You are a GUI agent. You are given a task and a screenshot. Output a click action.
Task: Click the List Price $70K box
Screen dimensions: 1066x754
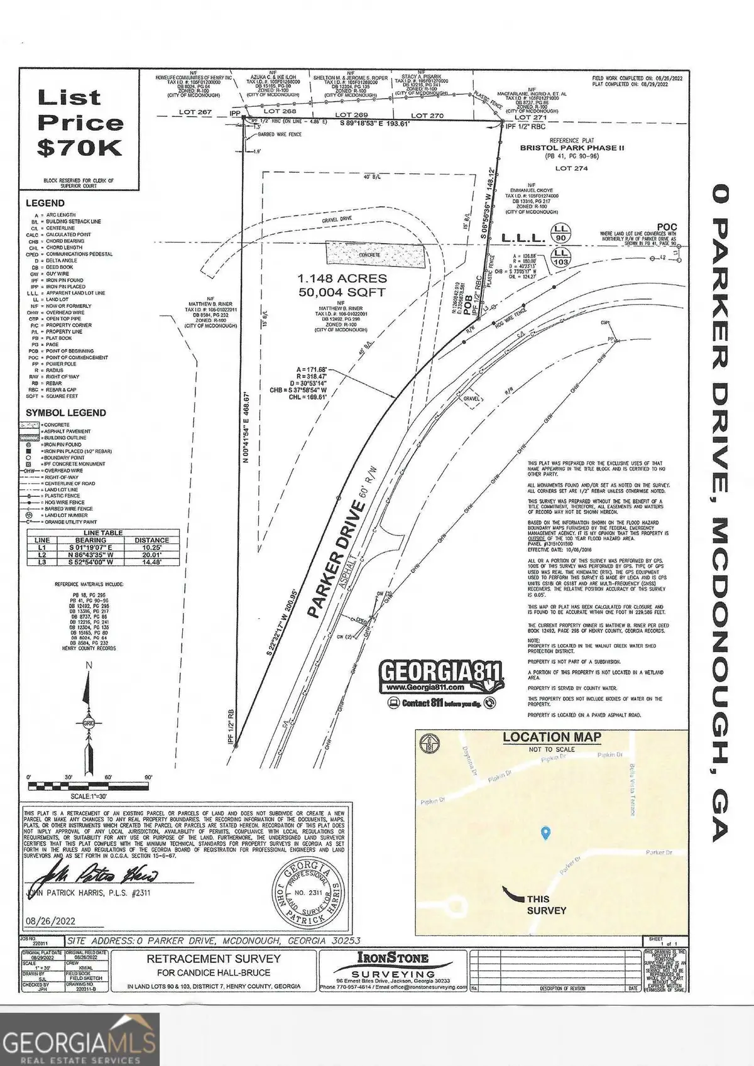click(x=79, y=123)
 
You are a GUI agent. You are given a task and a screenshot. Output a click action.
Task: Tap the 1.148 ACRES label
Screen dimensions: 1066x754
click(x=342, y=278)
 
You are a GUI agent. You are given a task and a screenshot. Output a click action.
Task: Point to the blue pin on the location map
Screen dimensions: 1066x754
click(x=545, y=833)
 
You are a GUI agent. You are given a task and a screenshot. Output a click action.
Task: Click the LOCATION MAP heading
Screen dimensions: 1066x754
click(x=552, y=737)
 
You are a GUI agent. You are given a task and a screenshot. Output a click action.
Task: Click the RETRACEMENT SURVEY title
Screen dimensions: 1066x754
click(x=214, y=959)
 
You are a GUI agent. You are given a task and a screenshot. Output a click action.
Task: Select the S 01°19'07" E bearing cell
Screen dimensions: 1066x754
click(x=90, y=547)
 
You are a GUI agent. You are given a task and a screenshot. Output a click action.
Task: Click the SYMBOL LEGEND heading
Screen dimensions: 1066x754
click(x=66, y=413)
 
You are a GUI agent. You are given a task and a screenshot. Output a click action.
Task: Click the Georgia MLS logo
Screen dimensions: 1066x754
click(x=79, y=1039)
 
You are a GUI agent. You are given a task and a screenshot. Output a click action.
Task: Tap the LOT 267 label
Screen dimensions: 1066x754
click(x=196, y=112)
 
